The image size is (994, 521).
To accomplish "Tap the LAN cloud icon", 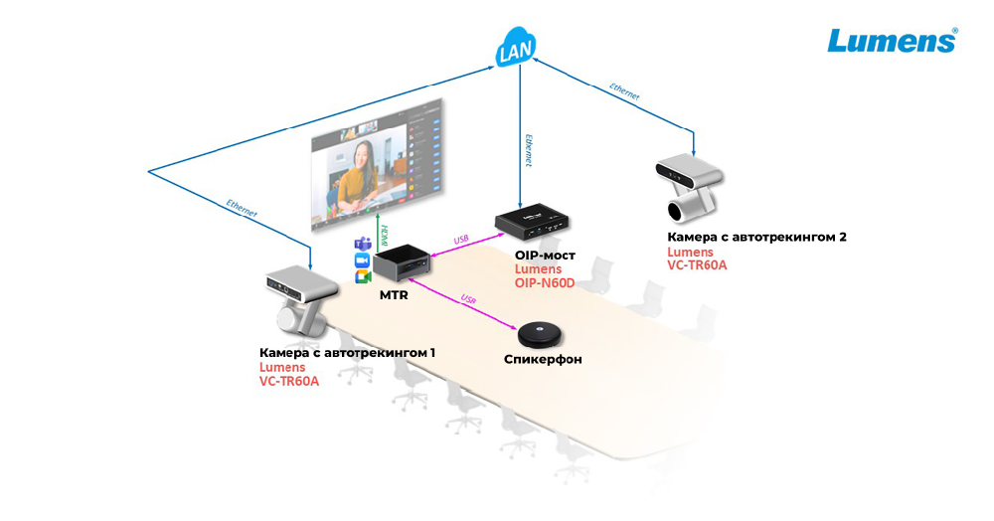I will pyautogui.click(x=517, y=51).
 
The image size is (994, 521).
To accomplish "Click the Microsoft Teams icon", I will pyautogui.click(x=362, y=245).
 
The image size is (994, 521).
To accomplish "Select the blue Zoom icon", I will pyautogui.click(x=362, y=260).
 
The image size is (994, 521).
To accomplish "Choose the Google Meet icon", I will pyautogui.click(x=362, y=277).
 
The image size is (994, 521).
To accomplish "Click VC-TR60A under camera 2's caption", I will pyautogui.click(x=697, y=265).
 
